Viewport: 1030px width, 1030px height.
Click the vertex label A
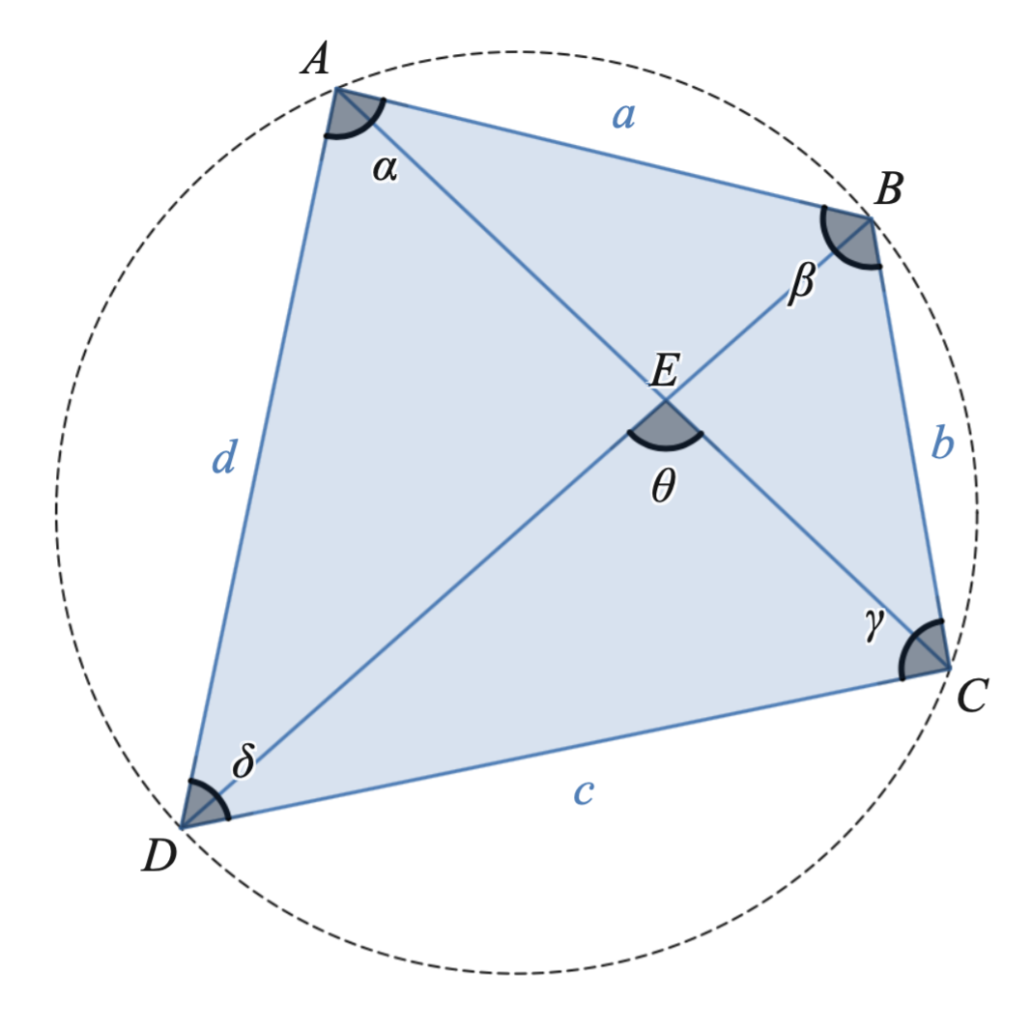coord(316,59)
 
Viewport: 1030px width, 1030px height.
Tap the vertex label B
coord(889,189)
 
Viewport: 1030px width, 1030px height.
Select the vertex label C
coord(972,696)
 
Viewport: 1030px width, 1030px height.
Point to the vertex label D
coord(159,856)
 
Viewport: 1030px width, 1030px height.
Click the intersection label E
coord(664,370)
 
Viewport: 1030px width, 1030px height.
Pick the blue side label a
coord(623,116)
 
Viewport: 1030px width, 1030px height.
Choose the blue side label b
coord(943,442)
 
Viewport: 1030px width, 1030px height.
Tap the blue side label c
coord(584,792)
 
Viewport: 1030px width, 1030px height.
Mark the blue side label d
coord(224,456)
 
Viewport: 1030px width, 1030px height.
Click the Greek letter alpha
coord(385,169)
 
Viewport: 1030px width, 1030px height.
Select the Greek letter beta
coord(802,282)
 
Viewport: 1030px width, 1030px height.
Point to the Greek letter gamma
coord(874,624)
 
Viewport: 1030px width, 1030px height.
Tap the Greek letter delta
coord(243,760)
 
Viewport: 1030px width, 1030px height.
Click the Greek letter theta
coord(664,487)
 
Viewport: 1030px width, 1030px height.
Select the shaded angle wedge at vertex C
coord(927,651)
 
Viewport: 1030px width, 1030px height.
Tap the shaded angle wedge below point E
coord(666,426)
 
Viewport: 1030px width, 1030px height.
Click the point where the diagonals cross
coord(666,399)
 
